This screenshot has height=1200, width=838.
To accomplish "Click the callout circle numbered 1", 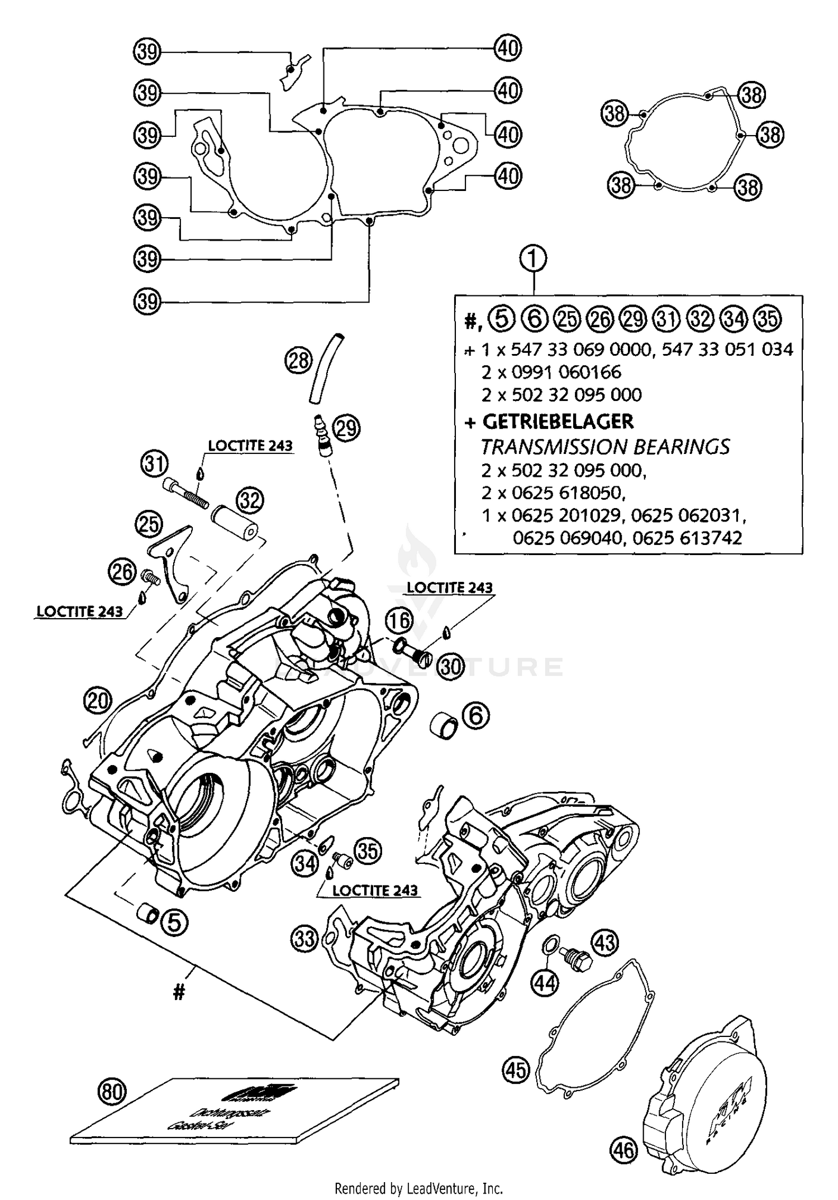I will tap(533, 259).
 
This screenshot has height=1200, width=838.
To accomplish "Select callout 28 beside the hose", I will tap(299, 360).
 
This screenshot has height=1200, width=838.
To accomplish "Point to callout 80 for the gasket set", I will tap(112, 1091).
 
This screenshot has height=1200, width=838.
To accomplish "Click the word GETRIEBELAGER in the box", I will tap(558, 422).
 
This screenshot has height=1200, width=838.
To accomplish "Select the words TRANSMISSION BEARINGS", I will tap(605, 447).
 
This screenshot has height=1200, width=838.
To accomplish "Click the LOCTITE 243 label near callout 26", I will tap(79, 611).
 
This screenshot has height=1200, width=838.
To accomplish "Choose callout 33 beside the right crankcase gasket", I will tap(304, 939).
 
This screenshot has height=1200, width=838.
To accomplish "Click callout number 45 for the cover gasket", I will tap(515, 1069).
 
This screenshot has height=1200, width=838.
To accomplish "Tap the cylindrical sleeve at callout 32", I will tap(234, 522).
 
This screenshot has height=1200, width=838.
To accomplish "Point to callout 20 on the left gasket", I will tap(98, 700).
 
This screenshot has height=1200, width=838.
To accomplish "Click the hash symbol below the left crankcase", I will tap(179, 992).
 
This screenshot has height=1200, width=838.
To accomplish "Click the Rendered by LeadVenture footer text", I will tap(418, 1188).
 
